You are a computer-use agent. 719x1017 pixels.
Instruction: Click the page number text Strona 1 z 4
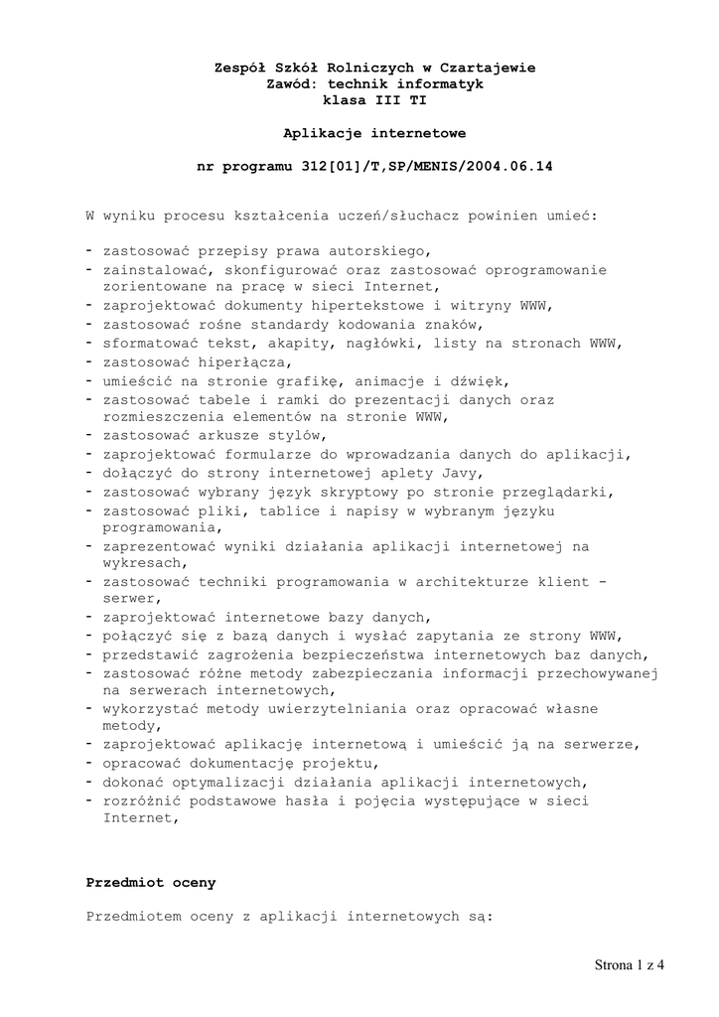[630, 963]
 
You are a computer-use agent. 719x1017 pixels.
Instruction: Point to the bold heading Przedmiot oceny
[150, 882]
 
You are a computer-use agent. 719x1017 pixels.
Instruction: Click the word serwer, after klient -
[129, 599]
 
